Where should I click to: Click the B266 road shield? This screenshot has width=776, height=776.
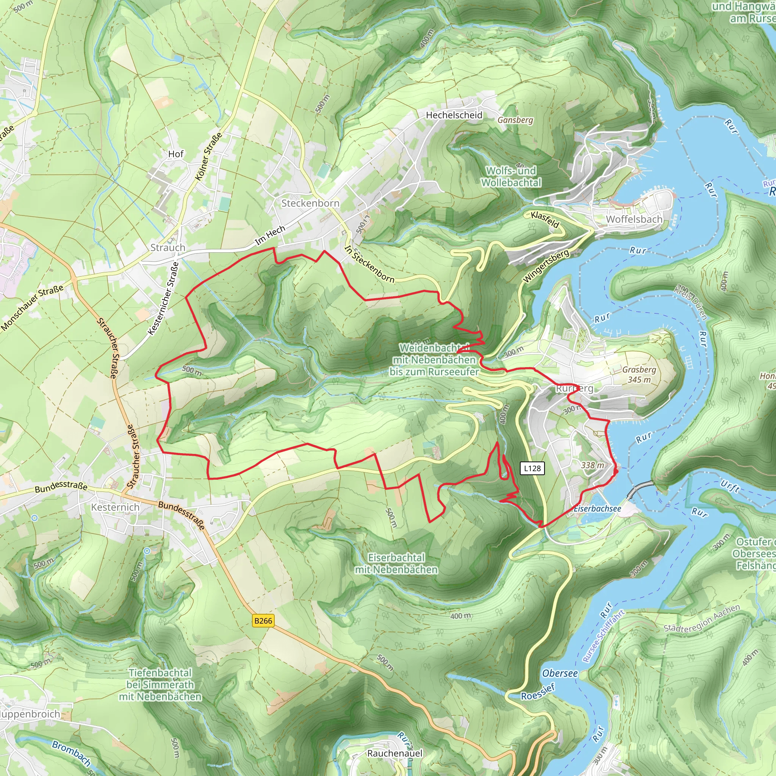pos(263,621)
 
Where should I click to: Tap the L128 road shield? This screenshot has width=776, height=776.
pos(532,468)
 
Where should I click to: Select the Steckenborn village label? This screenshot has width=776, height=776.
pos(310,203)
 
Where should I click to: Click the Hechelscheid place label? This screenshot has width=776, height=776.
pos(454,115)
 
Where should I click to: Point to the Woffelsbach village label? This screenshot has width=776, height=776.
pos(634,219)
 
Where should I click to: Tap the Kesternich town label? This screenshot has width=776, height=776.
pos(115,507)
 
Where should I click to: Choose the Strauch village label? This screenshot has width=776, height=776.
pos(167,247)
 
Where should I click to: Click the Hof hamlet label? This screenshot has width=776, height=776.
pos(175,154)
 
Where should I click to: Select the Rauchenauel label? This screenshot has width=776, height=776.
pos(394,753)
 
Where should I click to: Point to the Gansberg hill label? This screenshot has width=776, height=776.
pos(515,120)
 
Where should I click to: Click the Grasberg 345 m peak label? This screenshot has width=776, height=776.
pos(639,374)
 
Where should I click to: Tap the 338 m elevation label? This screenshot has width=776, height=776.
pos(593,465)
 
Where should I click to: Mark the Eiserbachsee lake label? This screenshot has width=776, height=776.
pos(597,508)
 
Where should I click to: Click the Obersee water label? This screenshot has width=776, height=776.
pos(560,673)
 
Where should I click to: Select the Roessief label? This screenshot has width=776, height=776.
pos(538,692)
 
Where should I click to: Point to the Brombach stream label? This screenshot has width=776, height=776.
pos(72,753)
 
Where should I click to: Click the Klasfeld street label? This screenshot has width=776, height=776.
pos(544,220)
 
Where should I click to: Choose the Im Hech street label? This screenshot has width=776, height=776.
pos(270,235)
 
